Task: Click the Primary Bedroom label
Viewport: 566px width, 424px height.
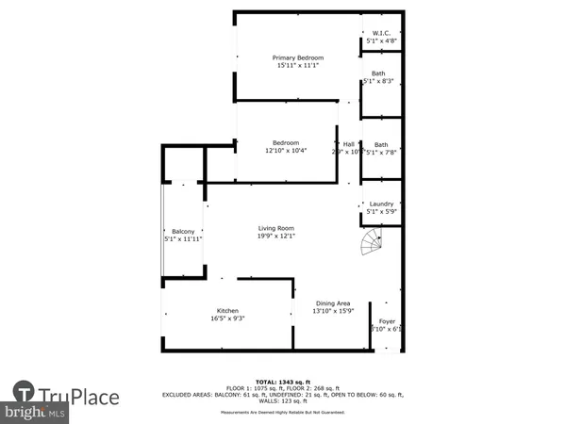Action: point(298,58)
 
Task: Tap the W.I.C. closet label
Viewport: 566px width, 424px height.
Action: point(381,33)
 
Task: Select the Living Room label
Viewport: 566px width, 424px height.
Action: point(277,228)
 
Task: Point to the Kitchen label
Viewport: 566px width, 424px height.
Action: point(227,311)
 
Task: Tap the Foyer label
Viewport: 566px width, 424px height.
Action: point(387,321)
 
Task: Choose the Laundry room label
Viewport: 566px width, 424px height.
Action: point(381,204)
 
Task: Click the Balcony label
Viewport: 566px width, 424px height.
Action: point(183,232)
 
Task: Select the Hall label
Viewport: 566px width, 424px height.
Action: point(349,144)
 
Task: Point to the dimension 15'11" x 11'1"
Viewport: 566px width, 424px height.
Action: point(298,66)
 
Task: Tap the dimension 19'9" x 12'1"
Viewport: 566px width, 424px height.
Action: point(277,236)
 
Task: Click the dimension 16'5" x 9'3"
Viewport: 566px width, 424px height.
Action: point(227,318)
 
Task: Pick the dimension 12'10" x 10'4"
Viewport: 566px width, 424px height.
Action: point(286,151)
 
